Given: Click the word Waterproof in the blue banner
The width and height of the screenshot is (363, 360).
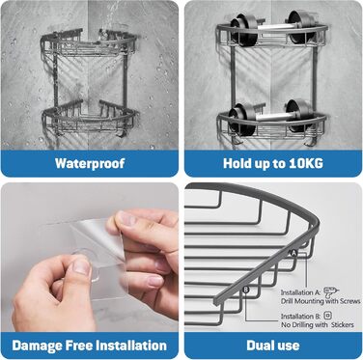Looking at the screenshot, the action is (x=90, y=163).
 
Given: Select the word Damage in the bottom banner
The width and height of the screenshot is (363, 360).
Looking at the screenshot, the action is (x=37, y=346).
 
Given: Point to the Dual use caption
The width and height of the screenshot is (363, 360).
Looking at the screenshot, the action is (x=273, y=346).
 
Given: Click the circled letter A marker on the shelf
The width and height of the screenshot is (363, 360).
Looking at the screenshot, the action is (x=293, y=253).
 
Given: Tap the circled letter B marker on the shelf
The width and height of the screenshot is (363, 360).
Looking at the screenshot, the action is (x=246, y=290).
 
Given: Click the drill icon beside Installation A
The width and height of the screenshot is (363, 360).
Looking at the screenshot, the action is (x=331, y=292).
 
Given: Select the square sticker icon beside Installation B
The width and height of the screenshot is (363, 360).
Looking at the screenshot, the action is (x=328, y=316).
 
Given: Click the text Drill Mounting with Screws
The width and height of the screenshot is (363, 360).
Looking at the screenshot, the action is (x=321, y=301).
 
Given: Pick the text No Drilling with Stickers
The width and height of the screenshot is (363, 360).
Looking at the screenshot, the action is (x=318, y=325).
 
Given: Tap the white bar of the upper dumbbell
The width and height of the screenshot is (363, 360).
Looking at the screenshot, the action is (x=272, y=27).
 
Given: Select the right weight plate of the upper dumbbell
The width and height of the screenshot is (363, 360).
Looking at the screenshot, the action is (x=300, y=26).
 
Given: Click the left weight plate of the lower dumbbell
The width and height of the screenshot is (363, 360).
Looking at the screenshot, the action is (x=243, y=119).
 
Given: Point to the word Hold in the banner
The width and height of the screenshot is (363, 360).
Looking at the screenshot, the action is (x=237, y=163).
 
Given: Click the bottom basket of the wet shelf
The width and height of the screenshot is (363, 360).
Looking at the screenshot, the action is (x=91, y=119).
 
